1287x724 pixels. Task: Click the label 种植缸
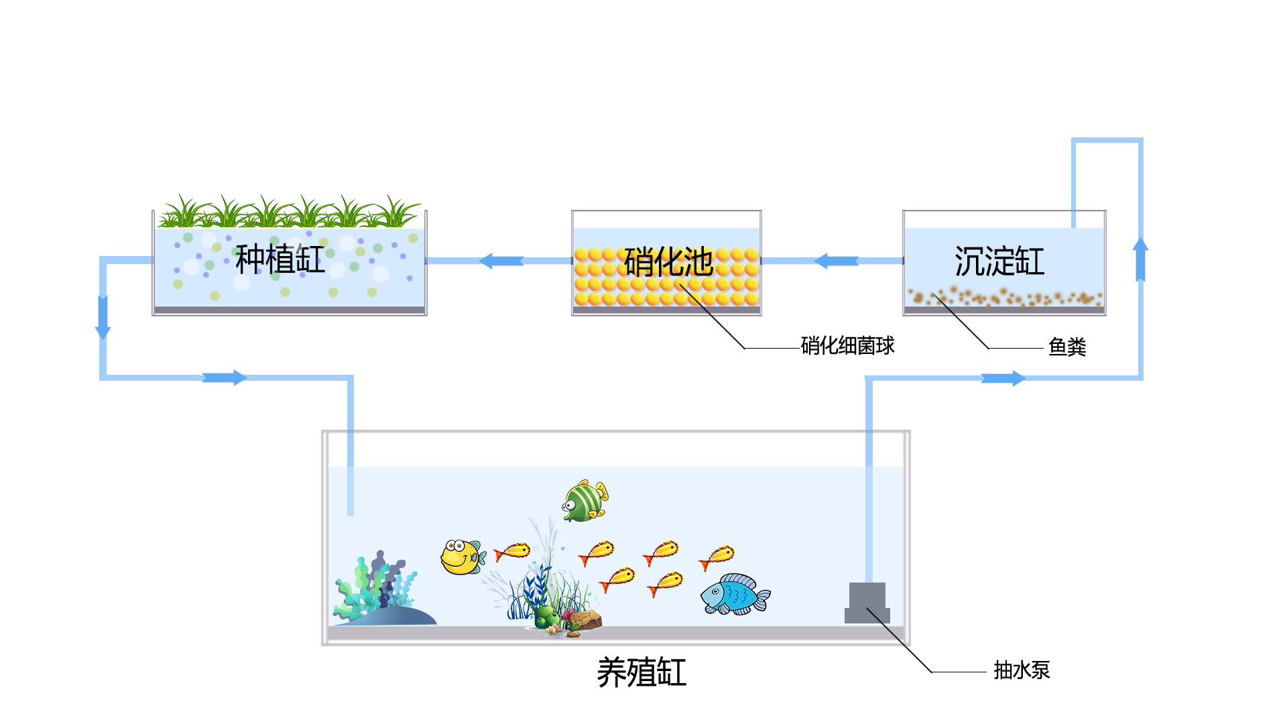click(280, 259)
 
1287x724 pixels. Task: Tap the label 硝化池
click(668, 261)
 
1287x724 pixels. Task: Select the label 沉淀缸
click(999, 261)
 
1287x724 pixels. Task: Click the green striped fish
click(585, 501)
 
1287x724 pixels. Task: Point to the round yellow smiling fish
click(461, 556)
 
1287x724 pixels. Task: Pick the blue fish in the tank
click(735, 594)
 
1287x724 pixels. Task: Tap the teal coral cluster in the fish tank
click(375, 587)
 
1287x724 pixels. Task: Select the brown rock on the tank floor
click(585, 620)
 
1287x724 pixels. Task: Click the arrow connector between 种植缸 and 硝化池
click(501, 261)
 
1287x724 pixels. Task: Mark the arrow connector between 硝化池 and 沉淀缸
click(836, 261)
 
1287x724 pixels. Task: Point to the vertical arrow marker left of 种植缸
click(103, 317)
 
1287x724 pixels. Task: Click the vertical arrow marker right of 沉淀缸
click(1140, 259)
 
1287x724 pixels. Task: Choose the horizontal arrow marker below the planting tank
click(225, 378)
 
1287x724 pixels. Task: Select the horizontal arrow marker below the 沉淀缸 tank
click(1003, 379)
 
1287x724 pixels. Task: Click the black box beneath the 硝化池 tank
click(712, 333)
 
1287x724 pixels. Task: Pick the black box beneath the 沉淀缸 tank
click(958, 333)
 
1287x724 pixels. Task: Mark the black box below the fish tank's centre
click(643, 672)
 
